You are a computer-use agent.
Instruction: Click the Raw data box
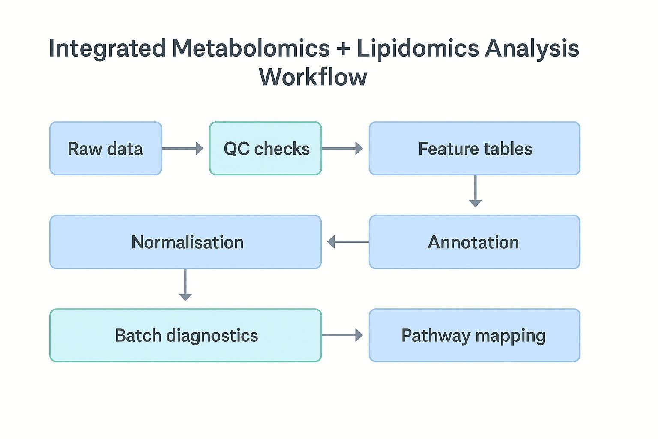[105, 148]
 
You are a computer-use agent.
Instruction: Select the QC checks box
[266, 148]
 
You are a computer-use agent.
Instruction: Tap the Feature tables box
[474, 148]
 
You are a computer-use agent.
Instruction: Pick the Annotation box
[474, 242]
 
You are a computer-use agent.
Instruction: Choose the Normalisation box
[185, 242]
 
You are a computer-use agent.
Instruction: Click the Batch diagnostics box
[185, 335]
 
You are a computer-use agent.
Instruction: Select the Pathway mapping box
[474, 335]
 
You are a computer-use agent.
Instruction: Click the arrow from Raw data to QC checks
[182, 148]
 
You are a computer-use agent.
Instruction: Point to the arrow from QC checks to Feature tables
[342, 148]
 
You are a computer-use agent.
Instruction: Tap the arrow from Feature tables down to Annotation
[475, 191]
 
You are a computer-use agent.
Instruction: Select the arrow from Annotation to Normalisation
[347, 242]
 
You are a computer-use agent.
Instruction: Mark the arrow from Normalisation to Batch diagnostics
[185, 285]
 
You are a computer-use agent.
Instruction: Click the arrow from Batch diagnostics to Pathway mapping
[342, 335]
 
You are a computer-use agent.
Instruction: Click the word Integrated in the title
[107, 48]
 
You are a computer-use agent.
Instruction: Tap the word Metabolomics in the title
[251, 48]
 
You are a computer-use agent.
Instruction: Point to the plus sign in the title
[343, 49]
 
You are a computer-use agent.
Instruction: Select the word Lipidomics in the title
[418, 48]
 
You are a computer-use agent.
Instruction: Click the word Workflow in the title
[313, 77]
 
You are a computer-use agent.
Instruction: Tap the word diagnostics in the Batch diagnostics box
[212, 335]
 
